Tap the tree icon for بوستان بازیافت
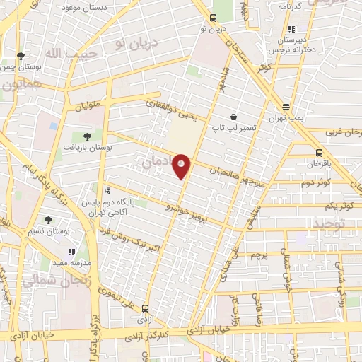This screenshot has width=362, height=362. coord(87,136)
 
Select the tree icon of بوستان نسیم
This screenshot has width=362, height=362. coord(48,220)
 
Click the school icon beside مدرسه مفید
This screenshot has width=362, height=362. coord(71,251)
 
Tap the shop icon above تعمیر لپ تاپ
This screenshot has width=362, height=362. coord(233,117)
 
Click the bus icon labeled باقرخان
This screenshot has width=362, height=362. coord(320,153)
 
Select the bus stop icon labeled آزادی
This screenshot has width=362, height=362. coord(145,308)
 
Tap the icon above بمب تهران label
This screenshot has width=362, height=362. coord(286,107)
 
